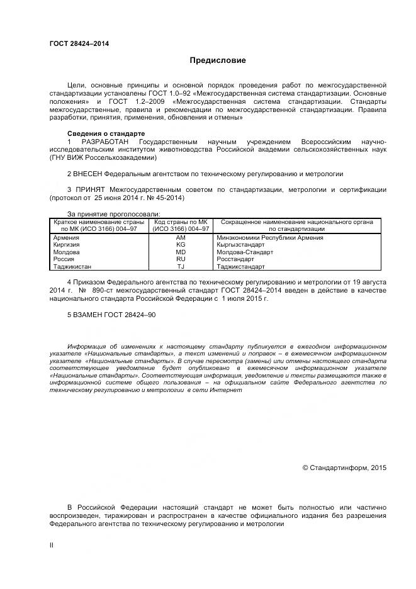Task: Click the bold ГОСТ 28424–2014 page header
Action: [x=79, y=44]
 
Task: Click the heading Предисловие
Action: [x=218, y=61]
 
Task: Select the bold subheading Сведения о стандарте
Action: [x=106, y=134]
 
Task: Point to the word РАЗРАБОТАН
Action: [x=104, y=142]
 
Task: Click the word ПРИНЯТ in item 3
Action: [x=89, y=189]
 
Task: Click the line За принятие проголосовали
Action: [x=114, y=214]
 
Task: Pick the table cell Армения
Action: [x=66, y=238]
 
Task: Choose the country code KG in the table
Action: [x=181, y=245]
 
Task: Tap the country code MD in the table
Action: [x=181, y=252]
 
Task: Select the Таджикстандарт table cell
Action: [x=240, y=266]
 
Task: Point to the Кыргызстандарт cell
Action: [x=241, y=245]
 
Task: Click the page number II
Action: [x=52, y=545]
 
